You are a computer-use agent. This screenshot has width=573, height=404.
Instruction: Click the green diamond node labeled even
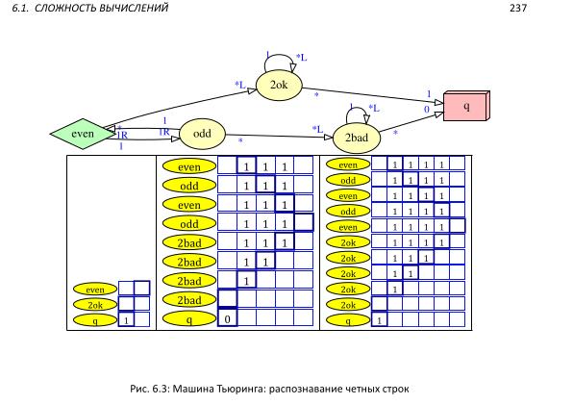point(83,134)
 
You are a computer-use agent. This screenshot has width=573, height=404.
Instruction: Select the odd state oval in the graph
point(202,134)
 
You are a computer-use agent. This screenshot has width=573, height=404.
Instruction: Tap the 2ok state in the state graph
point(279,86)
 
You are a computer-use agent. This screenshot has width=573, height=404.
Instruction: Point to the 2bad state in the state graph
point(357,138)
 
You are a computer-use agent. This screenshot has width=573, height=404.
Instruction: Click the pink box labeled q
point(466,106)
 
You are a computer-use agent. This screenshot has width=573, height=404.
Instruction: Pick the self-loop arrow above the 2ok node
point(279,61)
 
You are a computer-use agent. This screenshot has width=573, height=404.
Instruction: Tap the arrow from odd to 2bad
point(279,136)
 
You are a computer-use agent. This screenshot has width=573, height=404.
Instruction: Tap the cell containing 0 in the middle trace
point(227,318)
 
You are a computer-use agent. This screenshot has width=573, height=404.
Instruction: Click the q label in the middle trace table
point(189,318)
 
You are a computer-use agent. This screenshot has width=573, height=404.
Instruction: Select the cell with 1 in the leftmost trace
point(125,319)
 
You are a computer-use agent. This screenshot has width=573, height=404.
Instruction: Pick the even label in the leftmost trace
point(95,289)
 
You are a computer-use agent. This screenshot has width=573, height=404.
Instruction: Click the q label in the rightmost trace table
point(348,319)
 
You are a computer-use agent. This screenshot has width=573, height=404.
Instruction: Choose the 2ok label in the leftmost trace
point(95,304)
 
